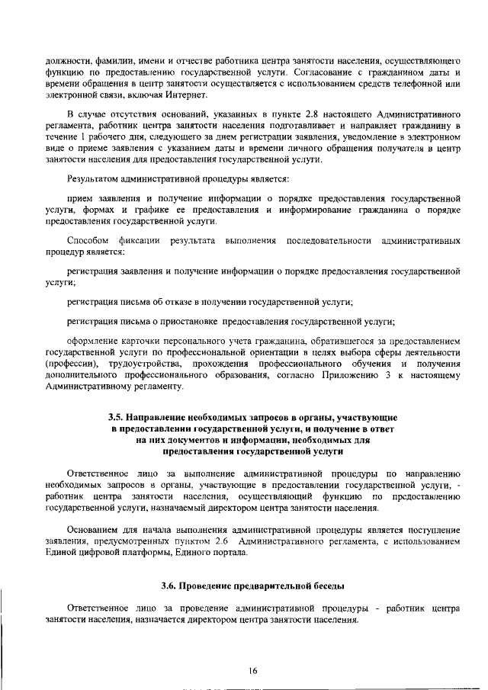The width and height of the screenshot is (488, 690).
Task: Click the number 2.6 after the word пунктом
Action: pos(222,541)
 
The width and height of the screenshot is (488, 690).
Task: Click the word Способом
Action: pos(89,241)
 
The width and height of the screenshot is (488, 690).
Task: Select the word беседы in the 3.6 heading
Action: pos(324,586)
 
